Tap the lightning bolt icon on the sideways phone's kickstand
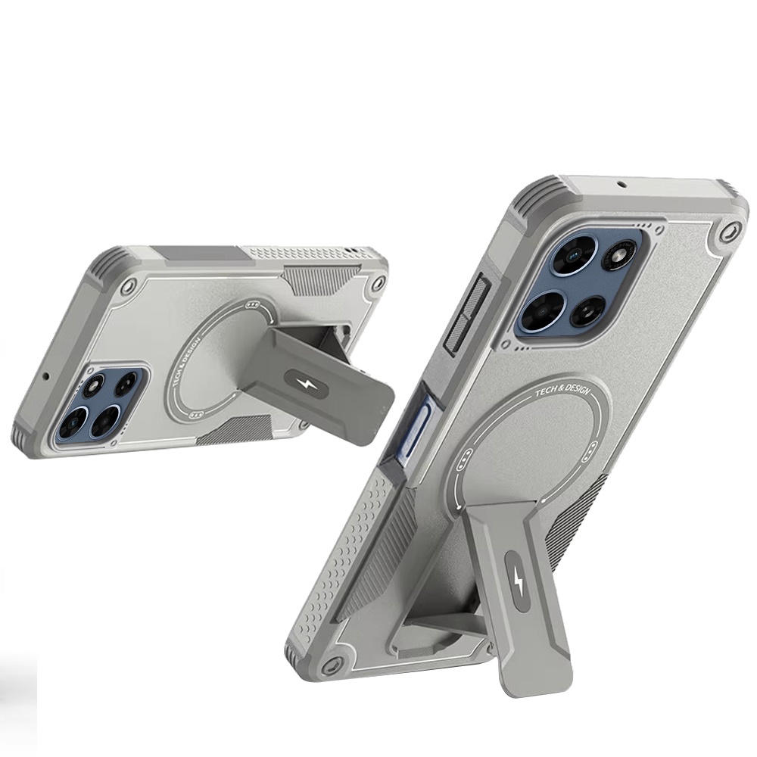click(306, 384)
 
